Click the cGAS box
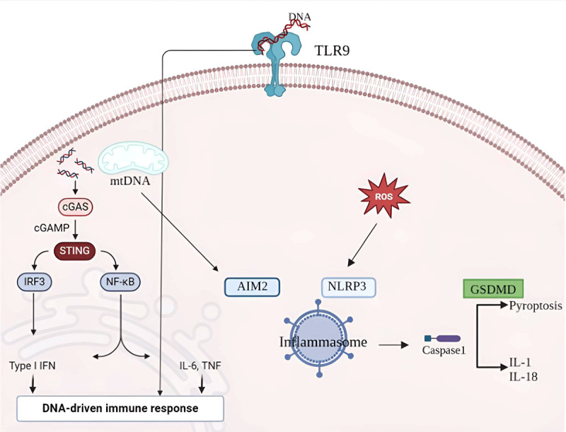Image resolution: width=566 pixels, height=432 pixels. [x=76, y=206]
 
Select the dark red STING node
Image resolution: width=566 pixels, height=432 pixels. [x=74, y=250]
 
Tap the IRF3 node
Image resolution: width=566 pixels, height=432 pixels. [x=34, y=281]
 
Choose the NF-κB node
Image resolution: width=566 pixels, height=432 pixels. [x=120, y=281]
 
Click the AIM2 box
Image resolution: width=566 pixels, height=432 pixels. [x=252, y=286]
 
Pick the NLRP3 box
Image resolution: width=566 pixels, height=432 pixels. [x=348, y=287]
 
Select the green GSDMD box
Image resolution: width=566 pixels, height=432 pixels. [x=493, y=289]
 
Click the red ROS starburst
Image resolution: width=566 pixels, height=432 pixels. [x=383, y=196]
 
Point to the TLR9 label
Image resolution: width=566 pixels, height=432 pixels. [x=332, y=50]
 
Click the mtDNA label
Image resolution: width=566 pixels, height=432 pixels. [x=130, y=180]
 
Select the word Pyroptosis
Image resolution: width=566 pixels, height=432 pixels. [x=536, y=306]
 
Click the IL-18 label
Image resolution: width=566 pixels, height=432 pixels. [x=524, y=377]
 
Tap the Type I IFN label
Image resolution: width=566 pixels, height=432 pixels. [x=33, y=366]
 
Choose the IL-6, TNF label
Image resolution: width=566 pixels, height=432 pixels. [x=200, y=366]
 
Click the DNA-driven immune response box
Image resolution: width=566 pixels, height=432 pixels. [x=120, y=409]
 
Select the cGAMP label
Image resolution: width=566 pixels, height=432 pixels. [x=52, y=228]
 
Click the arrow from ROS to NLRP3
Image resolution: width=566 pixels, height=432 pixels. [x=362, y=245]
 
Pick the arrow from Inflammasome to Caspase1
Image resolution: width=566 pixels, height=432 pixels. [x=393, y=345]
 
